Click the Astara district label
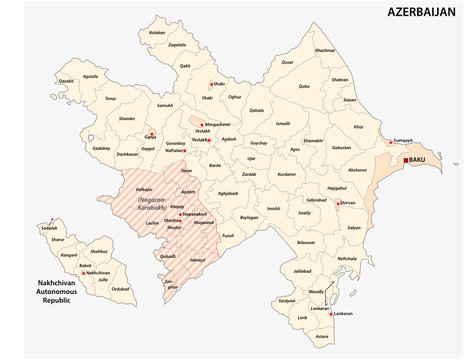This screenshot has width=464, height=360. [x=321, y=336]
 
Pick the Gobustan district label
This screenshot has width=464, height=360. [x=343, y=147]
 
